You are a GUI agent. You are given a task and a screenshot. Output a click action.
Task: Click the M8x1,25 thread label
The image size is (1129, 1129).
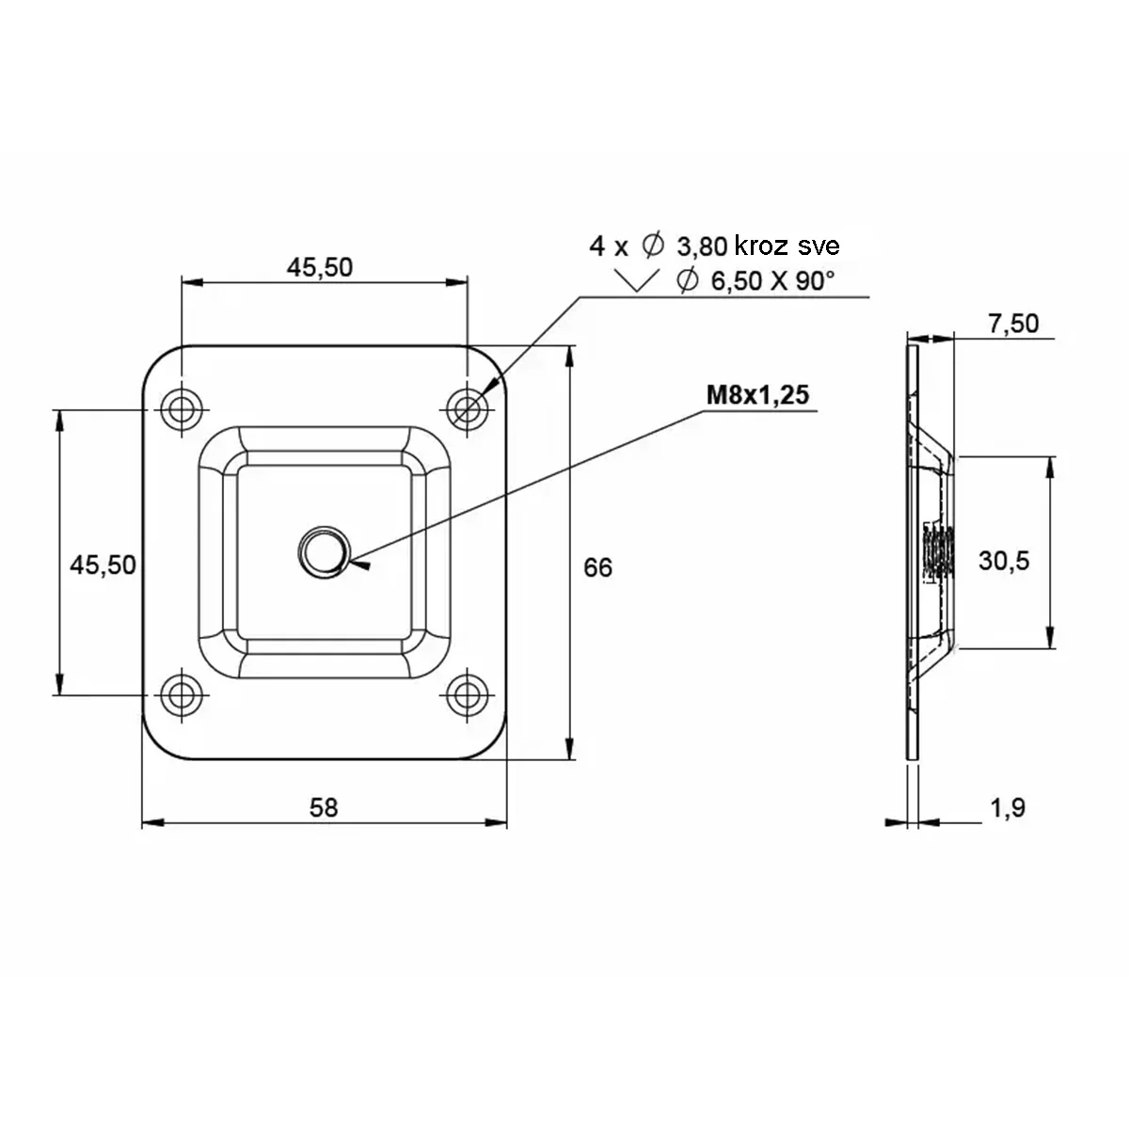[x=757, y=395]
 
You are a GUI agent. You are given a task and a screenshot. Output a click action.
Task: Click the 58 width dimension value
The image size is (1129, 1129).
[x=324, y=808]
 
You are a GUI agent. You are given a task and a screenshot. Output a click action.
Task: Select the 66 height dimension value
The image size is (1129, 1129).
[x=597, y=567]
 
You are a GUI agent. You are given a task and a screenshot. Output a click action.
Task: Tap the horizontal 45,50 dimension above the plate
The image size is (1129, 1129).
[x=319, y=267]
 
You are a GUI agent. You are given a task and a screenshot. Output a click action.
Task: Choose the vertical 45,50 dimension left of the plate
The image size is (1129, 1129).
[x=103, y=564]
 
